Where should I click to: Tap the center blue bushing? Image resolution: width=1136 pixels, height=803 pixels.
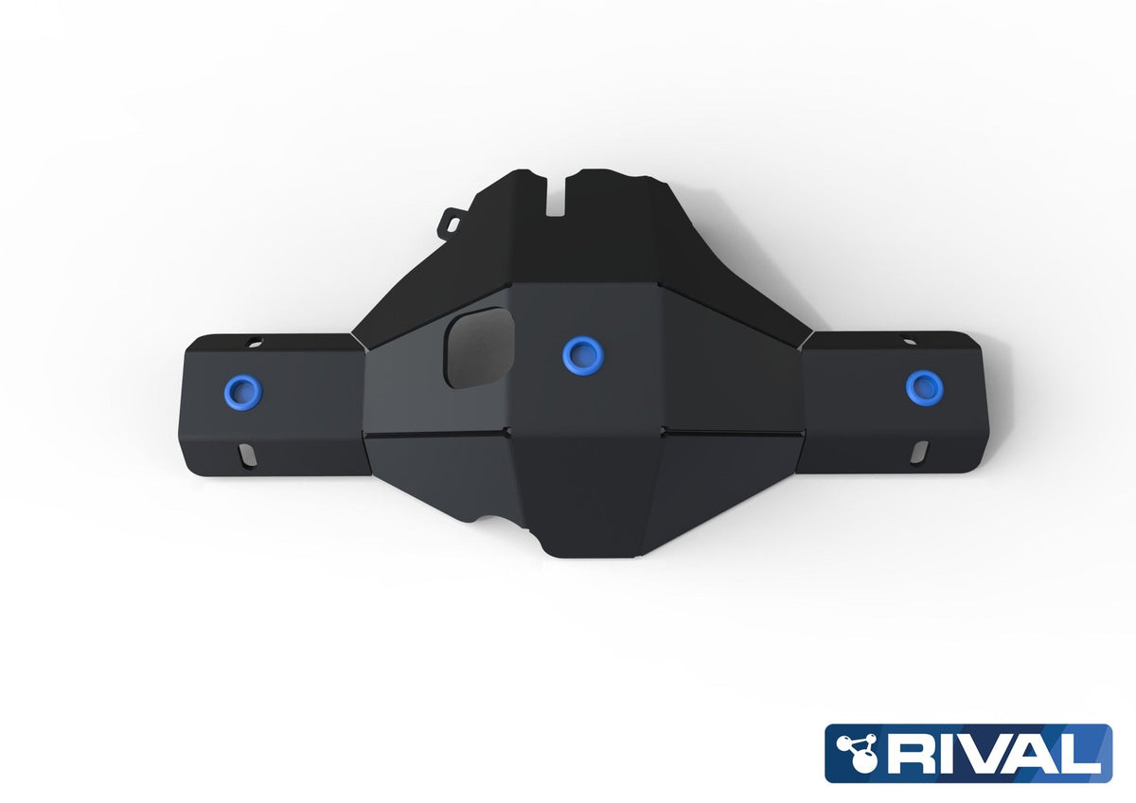tap(583, 356)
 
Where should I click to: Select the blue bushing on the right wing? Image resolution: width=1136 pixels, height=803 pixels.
tap(925, 387)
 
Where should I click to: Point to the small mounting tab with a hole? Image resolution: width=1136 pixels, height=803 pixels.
tap(452, 223)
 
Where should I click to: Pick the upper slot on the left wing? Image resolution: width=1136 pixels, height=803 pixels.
tap(255, 342)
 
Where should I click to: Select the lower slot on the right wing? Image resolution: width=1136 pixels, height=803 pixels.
tap(918, 452)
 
